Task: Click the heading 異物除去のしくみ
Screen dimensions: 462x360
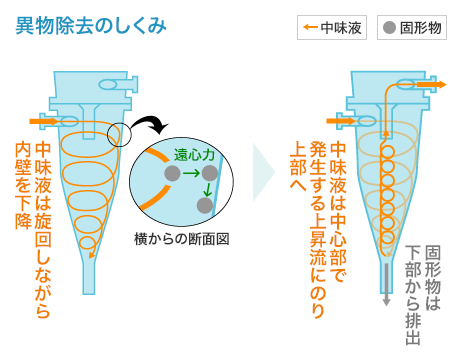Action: pos(91,26)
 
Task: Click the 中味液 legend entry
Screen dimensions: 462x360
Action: pos(332,27)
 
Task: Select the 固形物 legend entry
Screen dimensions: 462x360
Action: pos(412,27)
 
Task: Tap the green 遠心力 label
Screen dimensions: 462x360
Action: pos(194,155)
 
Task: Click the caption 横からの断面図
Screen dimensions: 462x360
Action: pos(182,239)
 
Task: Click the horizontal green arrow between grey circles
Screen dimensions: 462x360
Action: pos(191,173)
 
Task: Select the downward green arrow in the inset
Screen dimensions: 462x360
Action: pos(208,189)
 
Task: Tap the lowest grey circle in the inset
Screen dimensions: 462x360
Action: pos(205,205)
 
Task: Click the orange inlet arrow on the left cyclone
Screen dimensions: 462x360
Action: pos(43,121)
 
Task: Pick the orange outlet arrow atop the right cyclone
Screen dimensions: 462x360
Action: pos(432,84)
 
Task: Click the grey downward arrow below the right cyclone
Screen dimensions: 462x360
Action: pos(386,285)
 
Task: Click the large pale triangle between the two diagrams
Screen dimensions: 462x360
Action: pos(264,172)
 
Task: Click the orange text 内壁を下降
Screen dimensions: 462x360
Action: pos(23,185)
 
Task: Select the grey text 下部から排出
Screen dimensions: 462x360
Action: pos(413,295)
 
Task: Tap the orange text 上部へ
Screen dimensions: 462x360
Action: pos(298,166)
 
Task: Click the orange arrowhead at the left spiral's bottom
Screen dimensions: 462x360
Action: pos(92,255)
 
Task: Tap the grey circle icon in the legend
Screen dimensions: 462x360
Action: pos(389,28)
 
